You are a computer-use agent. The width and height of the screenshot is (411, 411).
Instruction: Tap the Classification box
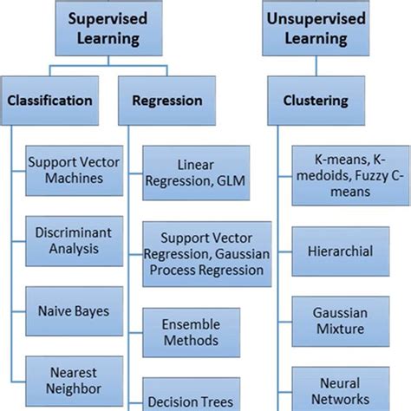click(49, 101)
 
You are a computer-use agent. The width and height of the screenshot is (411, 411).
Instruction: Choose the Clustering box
click(317, 101)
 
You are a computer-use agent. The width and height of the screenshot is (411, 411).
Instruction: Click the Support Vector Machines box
click(66, 170)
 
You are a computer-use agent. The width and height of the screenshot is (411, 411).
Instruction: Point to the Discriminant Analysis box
click(66, 241)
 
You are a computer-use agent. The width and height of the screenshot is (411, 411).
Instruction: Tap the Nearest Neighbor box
click(66, 379)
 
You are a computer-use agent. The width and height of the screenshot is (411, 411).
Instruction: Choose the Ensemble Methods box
click(191, 332)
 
